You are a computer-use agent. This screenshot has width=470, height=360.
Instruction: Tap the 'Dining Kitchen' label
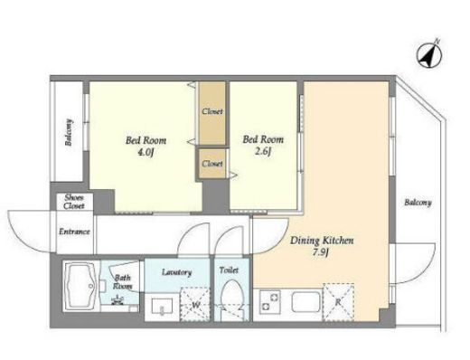tap(322, 241)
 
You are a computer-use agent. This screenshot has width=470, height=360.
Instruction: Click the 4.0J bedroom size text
tap(146, 153)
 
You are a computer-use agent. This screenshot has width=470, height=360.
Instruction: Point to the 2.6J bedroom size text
tap(263, 152)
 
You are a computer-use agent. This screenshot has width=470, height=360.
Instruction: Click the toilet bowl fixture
tap(231, 297)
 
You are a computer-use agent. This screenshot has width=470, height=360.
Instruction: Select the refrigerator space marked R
tap(338, 302)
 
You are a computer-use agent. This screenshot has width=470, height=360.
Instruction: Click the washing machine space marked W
tap(195, 305)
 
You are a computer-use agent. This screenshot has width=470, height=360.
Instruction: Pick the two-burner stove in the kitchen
tap(270, 302)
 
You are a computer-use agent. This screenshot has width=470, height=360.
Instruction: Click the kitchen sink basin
tap(305, 302)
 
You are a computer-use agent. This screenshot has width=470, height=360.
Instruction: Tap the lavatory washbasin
tap(162, 307)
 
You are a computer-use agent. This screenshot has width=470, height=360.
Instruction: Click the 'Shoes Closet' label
tap(74, 202)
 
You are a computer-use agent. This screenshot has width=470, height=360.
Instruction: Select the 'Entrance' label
tap(74, 232)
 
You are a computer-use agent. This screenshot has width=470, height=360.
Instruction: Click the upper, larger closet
tap(212, 113)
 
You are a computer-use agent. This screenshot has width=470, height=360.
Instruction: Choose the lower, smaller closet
tap(212, 164)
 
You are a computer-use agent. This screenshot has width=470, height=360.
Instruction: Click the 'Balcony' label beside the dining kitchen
tap(418, 203)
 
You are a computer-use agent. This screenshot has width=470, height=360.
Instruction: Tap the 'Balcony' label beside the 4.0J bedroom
tap(69, 132)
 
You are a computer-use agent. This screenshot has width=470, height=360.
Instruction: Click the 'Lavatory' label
tap(176, 272)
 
